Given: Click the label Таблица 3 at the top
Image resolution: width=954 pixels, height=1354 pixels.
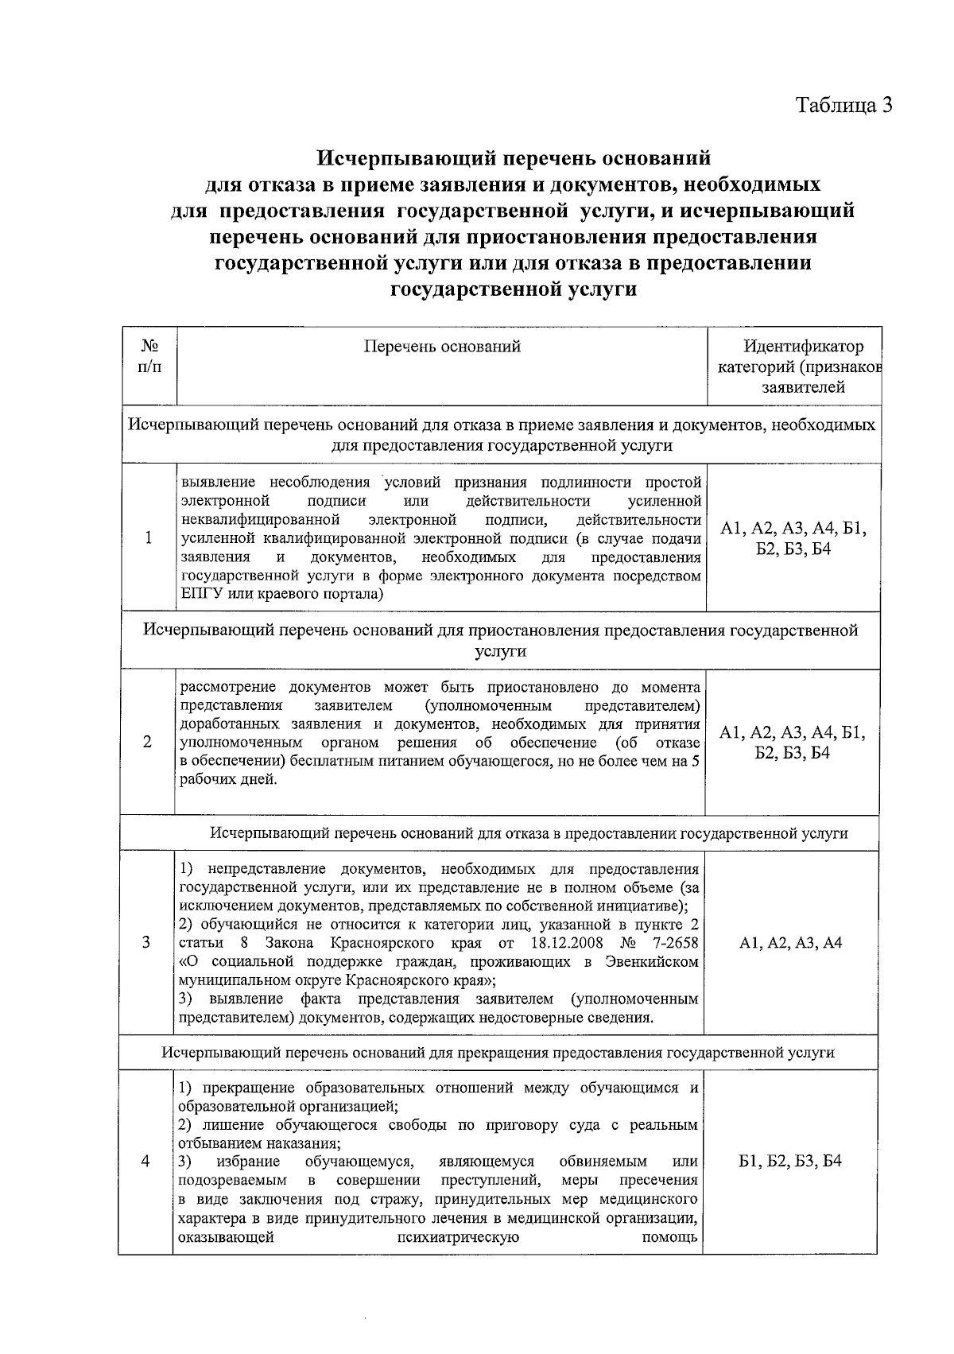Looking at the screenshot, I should [x=844, y=105].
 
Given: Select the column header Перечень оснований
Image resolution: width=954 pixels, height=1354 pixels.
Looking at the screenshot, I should [x=442, y=346].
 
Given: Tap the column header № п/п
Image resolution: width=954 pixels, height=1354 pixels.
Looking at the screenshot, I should [x=149, y=355].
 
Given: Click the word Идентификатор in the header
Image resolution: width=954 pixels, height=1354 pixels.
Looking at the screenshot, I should [x=803, y=347].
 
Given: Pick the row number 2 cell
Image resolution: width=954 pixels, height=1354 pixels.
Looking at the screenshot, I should [x=148, y=742].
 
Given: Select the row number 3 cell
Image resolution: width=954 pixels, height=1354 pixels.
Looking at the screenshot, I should [x=146, y=942].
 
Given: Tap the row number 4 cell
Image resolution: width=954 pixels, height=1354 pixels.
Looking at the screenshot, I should [x=145, y=1161].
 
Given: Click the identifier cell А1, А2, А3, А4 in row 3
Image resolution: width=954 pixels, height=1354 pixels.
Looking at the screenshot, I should [x=790, y=943].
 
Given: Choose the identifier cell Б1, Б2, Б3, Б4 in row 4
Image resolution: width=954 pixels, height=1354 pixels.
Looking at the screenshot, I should [x=790, y=1161].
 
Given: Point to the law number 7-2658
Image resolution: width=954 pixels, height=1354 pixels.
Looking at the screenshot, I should [x=672, y=943].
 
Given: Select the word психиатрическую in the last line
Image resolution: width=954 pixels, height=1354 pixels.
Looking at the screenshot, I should [x=458, y=1237].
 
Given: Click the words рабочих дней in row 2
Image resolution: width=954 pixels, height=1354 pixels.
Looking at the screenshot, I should [x=229, y=779].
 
